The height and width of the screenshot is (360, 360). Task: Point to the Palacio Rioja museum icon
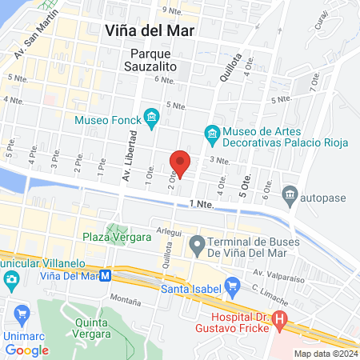(212, 134)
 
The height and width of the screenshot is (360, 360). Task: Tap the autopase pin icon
(290, 194)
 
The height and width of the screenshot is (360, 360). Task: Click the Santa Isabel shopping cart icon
(233, 284)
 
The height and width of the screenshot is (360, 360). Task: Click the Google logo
(27, 350)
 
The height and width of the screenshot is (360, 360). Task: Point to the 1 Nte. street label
(203, 207)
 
